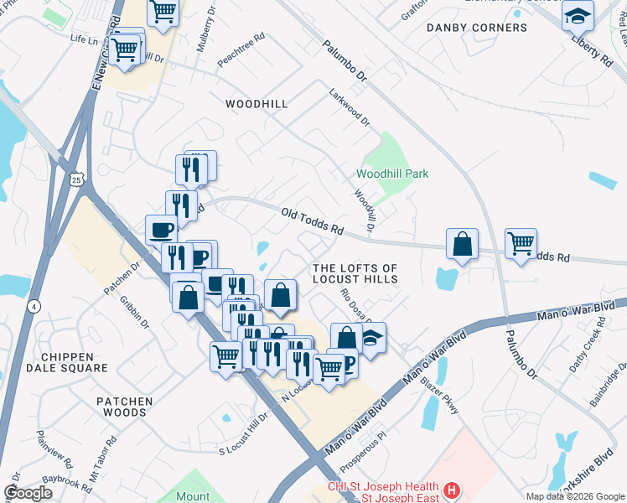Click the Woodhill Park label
point(392,174)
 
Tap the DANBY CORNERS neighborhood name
point(477,28)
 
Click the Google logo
point(28,493)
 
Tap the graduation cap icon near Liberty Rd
point(578,16)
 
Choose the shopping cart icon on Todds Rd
point(521,244)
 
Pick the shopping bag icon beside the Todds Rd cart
point(463,244)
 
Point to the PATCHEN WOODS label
point(125,407)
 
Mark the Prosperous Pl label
point(362,449)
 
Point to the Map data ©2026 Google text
point(575,496)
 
